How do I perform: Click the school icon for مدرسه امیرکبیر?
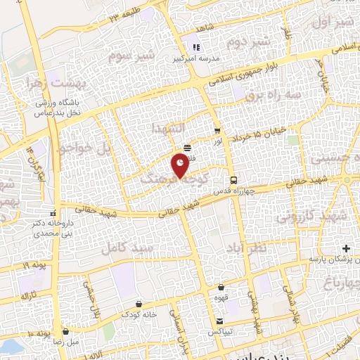[x=197, y=48]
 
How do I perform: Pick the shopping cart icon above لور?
[x=217, y=131]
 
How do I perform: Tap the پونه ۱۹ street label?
[x=35, y=265]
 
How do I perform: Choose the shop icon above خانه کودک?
[x=139, y=304]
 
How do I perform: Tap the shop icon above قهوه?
[x=222, y=287]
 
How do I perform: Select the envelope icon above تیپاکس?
[x=220, y=321]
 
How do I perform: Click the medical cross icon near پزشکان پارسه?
[x=346, y=249]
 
